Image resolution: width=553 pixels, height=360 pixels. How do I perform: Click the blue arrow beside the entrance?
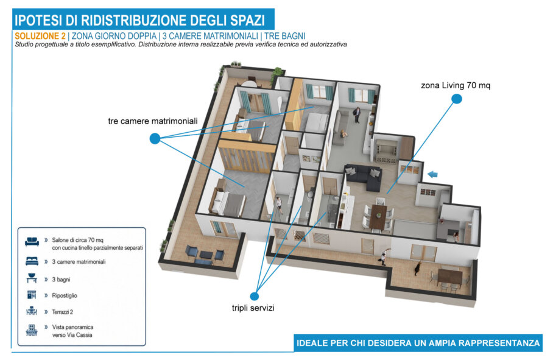click(x=432, y=174)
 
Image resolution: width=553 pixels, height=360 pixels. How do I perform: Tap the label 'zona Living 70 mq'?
click(x=456, y=85)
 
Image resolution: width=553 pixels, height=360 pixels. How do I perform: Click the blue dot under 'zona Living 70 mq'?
click(x=457, y=99)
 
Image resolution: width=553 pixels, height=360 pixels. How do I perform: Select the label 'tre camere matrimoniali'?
click(x=153, y=121)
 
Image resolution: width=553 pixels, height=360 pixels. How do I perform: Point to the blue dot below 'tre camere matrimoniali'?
click(x=155, y=138)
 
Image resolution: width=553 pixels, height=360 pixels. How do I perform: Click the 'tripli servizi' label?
click(x=253, y=308)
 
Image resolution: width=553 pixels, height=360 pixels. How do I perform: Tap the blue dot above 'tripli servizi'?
click(x=255, y=296)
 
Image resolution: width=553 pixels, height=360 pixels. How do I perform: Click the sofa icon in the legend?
click(x=32, y=242)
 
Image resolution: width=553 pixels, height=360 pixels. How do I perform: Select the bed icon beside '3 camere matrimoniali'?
click(x=32, y=261)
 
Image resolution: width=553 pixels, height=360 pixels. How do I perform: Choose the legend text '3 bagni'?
click(x=61, y=280)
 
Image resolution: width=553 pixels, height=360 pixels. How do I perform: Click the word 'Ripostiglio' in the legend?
click(x=65, y=295)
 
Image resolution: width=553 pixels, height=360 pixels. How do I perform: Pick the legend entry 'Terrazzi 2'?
click(x=62, y=312)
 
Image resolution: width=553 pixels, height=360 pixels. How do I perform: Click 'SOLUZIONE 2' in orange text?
click(x=40, y=36)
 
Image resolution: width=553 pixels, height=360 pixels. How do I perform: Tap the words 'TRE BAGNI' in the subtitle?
click(x=284, y=36)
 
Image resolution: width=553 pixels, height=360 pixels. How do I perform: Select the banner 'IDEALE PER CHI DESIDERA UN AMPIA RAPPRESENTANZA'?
click(x=418, y=343)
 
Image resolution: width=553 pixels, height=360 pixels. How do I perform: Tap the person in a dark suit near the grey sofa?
click(x=357, y=115)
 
